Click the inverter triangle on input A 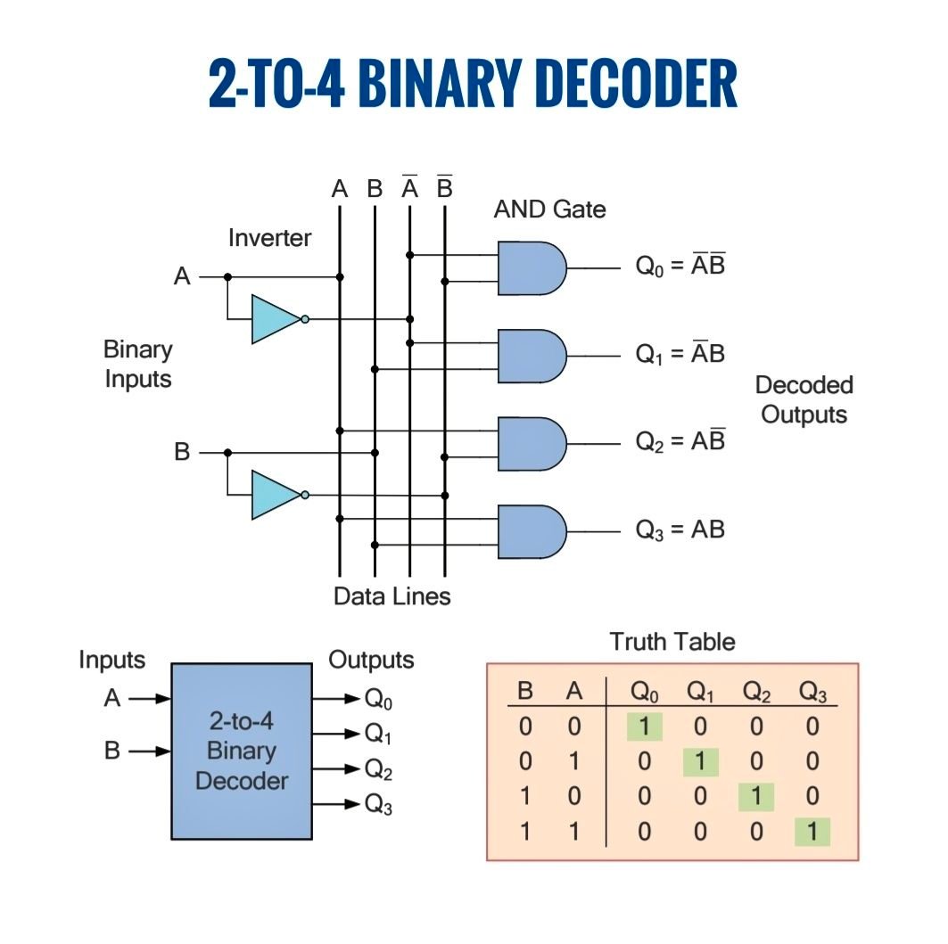click(276, 319)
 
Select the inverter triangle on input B click(276, 495)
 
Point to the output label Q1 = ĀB click(680, 353)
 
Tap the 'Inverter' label click(269, 238)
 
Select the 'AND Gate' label click(549, 209)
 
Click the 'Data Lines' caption click(392, 596)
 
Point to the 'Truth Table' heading click(672, 642)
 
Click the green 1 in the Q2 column click(756, 796)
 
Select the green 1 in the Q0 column click(645, 726)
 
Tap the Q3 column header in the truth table click(812, 691)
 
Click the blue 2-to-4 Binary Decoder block click(242, 751)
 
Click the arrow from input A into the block click(150, 699)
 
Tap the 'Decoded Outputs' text click(804, 399)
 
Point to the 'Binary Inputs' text click(138, 364)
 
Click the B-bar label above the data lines click(444, 187)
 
